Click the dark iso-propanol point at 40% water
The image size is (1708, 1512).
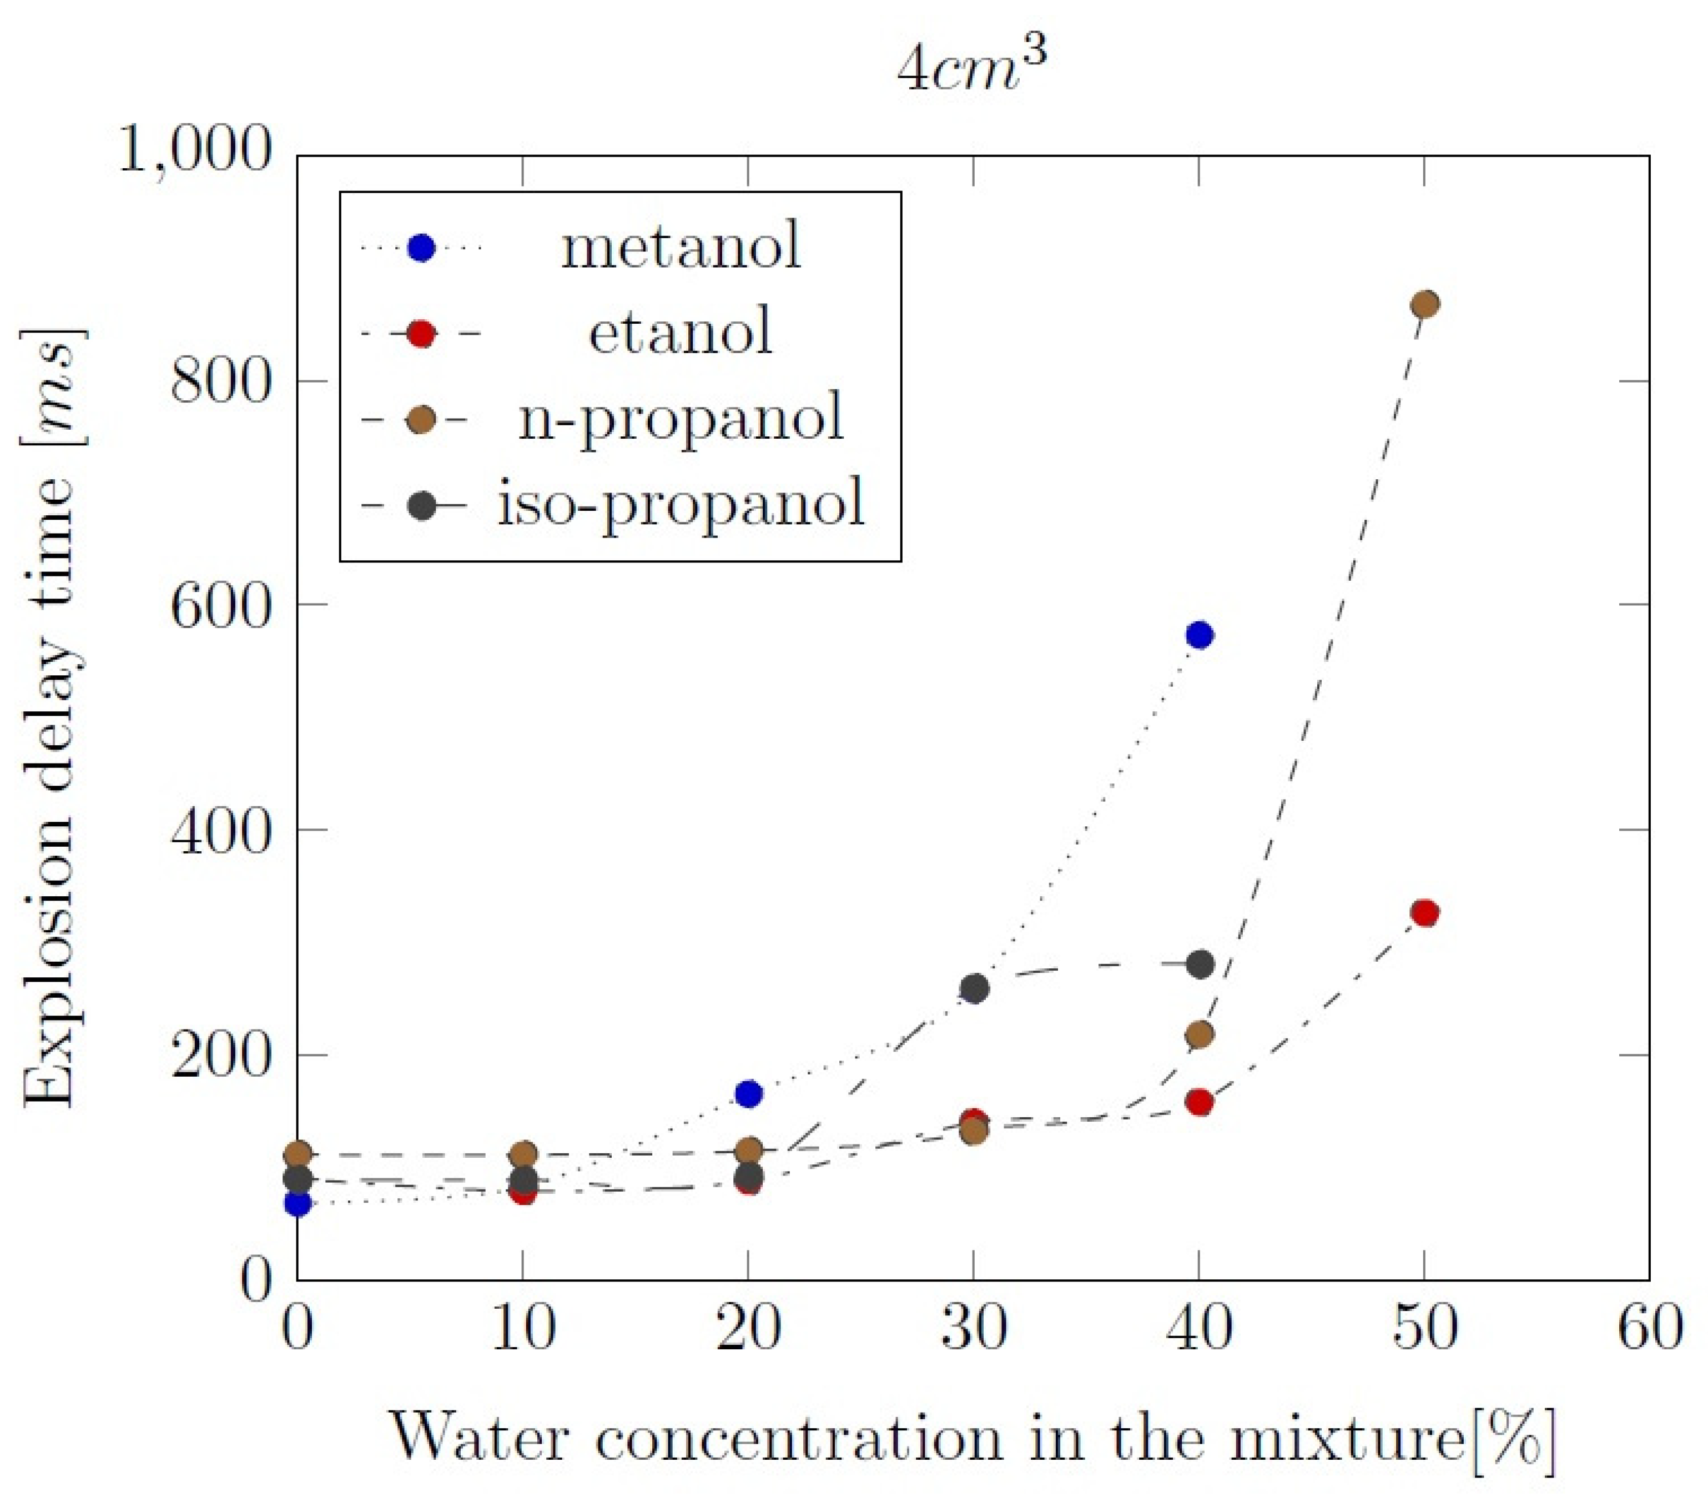1200,965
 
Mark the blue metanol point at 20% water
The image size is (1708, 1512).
749,1093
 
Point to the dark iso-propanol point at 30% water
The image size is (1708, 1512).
974,989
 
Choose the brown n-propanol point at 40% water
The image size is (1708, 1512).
1200,1035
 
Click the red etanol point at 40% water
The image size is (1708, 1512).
1200,1102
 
